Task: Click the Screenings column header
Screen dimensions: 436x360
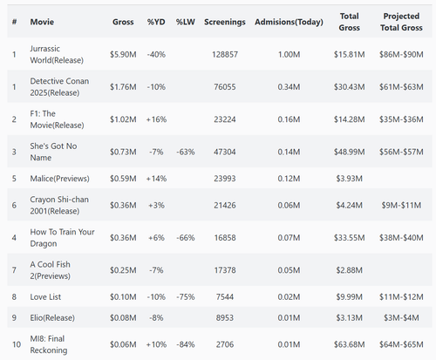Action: pyautogui.click(x=225, y=22)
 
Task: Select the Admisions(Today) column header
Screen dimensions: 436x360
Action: pyautogui.click(x=289, y=22)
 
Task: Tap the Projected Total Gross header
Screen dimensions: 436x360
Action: pyautogui.click(x=401, y=22)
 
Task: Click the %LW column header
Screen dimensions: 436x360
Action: pyautogui.click(x=186, y=22)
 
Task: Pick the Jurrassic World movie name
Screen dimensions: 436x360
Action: pyautogui.click(x=57, y=54)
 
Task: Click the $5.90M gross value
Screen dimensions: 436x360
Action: pyautogui.click(x=123, y=54)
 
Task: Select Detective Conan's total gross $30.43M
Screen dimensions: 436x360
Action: pyautogui.click(x=349, y=87)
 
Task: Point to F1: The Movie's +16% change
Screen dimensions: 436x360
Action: pyautogui.click(x=156, y=119)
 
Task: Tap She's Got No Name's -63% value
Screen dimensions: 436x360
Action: pyautogui.click(x=186, y=152)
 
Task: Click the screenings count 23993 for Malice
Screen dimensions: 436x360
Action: pyautogui.click(x=225, y=179)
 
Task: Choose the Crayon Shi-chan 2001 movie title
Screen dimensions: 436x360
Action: pyautogui.click(x=59, y=205)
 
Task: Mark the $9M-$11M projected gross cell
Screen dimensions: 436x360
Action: pyautogui.click(x=401, y=205)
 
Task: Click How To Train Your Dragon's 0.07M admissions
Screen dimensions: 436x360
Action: pyautogui.click(x=289, y=238)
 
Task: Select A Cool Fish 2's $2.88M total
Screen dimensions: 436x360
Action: pyautogui.click(x=349, y=270)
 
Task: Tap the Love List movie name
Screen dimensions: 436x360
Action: pyautogui.click(x=45, y=297)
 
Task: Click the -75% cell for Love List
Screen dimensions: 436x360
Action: pyautogui.click(x=186, y=297)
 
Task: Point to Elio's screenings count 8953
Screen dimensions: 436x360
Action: pyautogui.click(x=225, y=317)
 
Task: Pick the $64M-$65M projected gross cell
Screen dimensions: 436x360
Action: pyautogui.click(x=401, y=344)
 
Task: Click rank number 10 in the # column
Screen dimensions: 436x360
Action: pyautogui.click(x=17, y=344)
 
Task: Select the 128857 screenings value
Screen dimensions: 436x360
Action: pyautogui.click(x=225, y=54)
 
